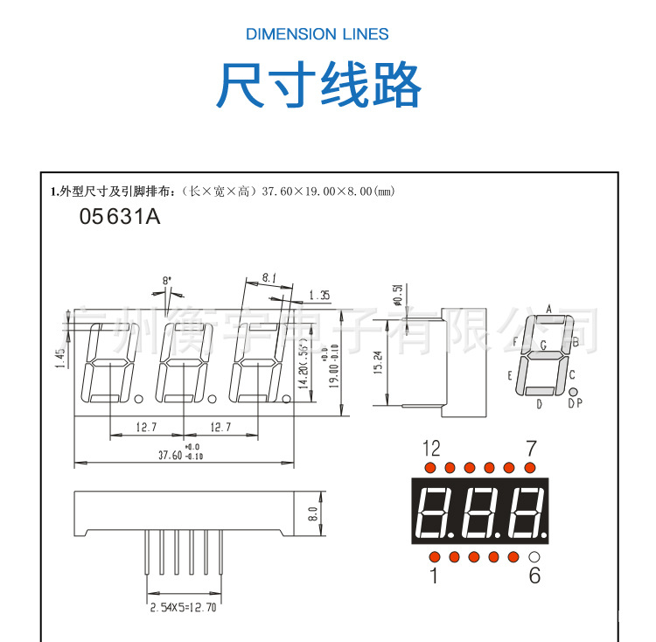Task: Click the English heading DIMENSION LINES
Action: click(317, 34)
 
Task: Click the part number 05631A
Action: click(120, 217)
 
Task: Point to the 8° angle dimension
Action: click(167, 281)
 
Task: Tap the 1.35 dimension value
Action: click(319, 296)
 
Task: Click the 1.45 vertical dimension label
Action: click(60, 359)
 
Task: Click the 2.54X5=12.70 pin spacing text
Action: click(183, 606)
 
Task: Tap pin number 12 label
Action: click(431, 449)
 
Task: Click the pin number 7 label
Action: click(531, 449)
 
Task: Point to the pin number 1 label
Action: click(432, 576)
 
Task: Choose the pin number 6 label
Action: click(534, 576)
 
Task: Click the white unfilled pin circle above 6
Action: click(534, 556)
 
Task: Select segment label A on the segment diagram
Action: click(548, 308)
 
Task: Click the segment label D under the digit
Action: click(539, 403)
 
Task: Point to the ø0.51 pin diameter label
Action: click(397, 295)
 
